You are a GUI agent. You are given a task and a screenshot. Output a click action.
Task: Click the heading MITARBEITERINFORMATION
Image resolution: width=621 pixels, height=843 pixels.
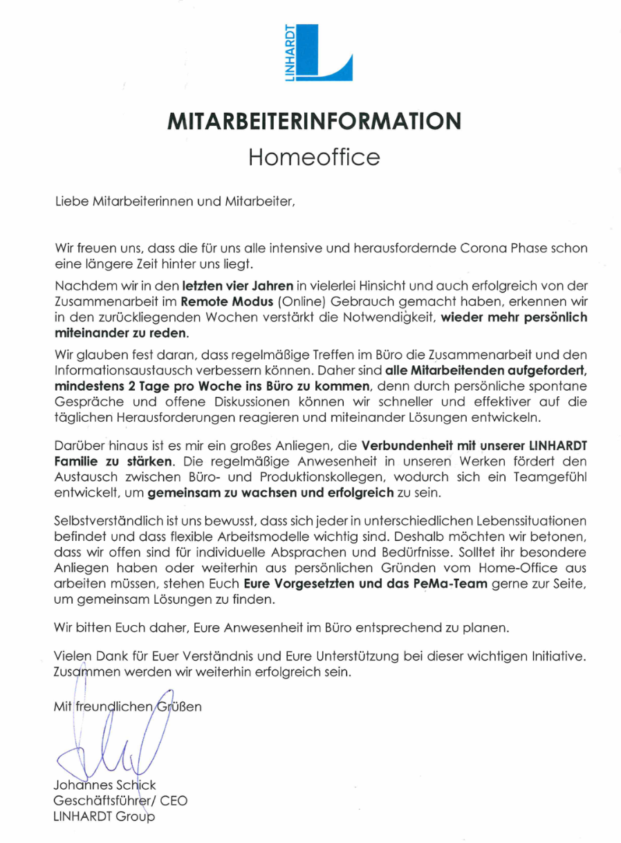coord(314,121)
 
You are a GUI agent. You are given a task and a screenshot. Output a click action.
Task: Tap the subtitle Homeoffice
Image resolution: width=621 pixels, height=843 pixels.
coord(314,157)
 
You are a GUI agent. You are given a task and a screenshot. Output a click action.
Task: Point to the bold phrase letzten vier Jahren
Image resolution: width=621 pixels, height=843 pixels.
coord(238,284)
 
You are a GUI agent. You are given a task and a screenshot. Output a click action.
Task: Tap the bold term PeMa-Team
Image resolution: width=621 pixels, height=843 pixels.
coord(452,584)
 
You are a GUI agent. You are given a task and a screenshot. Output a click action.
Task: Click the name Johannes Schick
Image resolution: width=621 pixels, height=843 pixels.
coord(104,785)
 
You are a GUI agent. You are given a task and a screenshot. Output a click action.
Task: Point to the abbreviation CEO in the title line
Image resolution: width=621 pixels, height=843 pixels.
coord(174,801)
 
